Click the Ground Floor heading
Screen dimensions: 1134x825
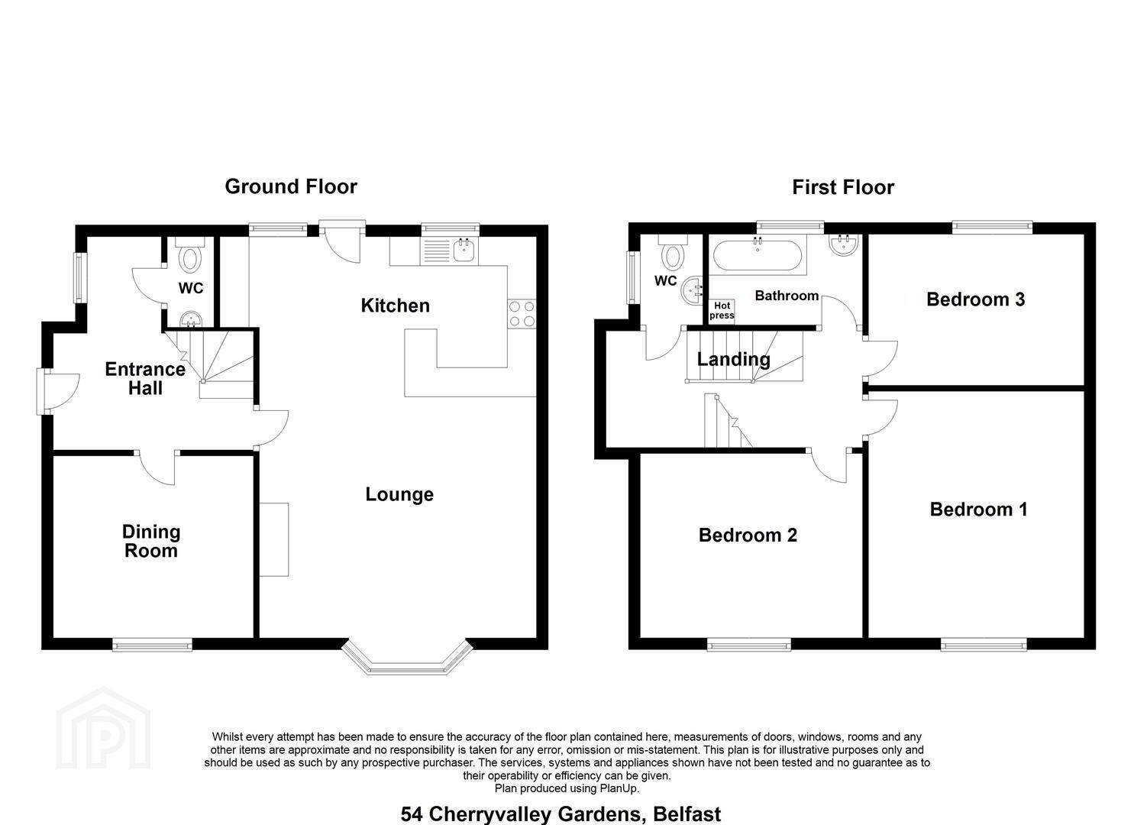tap(291, 187)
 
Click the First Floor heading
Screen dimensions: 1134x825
tap(843, 187)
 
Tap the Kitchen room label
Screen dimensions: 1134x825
tap(395, 306)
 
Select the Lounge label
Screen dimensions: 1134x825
tap(399, 494)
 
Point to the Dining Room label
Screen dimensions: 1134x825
tap(151, 542)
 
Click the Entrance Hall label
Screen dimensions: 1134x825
tap(145, 378)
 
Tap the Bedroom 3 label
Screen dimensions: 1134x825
tap(975, 299)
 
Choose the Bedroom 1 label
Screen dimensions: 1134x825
tap(978, 509)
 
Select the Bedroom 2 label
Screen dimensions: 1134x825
tap(748, 535)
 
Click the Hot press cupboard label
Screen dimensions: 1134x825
tap(722, 310)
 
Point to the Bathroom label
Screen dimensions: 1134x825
tap(787, 296)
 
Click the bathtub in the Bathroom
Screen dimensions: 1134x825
tap(758, 255)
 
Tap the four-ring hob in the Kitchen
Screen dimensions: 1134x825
tap(522, 313)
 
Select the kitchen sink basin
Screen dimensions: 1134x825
tap(465, 251)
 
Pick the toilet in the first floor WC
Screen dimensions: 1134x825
tap(674, 253)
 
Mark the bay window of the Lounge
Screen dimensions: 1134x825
tap(407, 658)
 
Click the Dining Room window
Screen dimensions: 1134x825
tap(153, 645)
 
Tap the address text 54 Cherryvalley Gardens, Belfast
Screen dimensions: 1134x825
tap(561, 814)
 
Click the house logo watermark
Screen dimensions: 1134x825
tap(103, 728)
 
